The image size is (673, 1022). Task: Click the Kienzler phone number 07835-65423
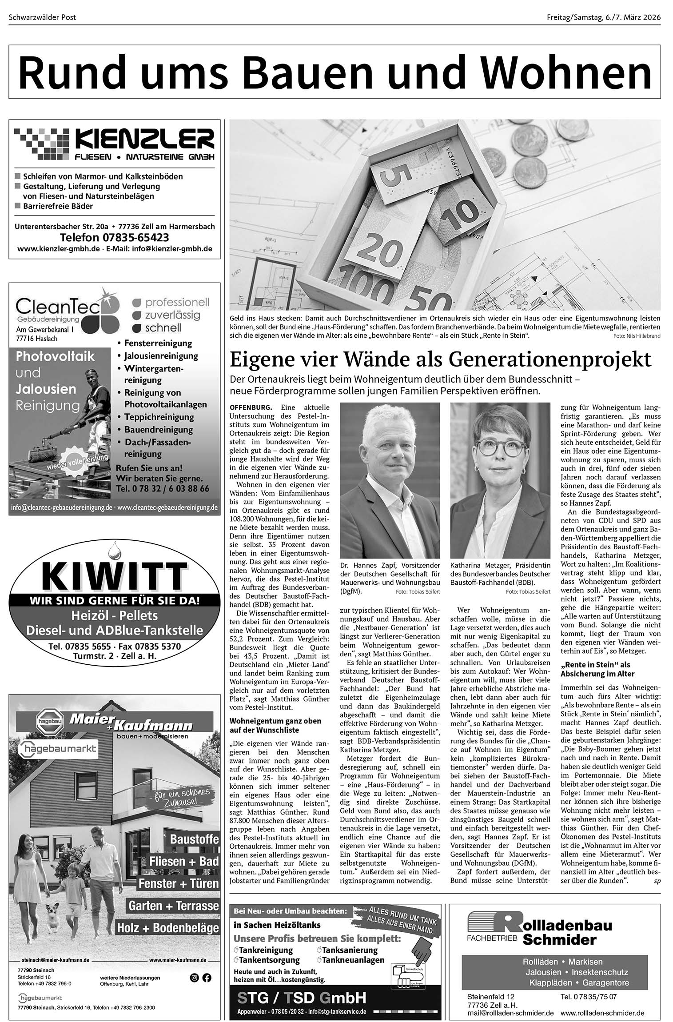click(x=114, y=237)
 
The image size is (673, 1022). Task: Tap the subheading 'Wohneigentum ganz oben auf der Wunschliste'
click(x=275, y=725)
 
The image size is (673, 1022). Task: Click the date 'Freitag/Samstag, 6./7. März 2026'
click(x=604, y=17)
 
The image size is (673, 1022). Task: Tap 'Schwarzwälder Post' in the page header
click(x=42, y=17)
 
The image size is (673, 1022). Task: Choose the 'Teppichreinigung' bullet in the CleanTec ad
click(x=159, y=417)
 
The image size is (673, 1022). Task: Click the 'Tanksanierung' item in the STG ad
click(x=349, y=950)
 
